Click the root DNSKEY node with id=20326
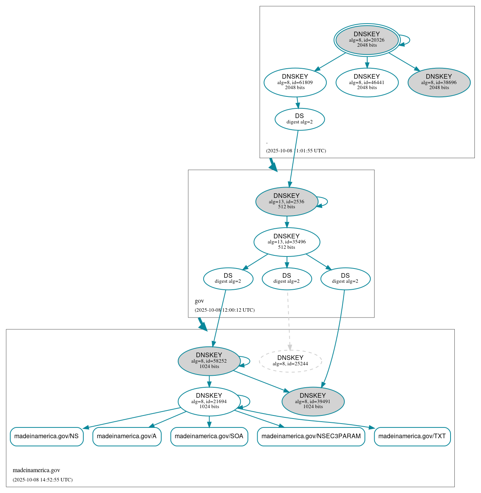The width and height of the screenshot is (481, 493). point(367,40)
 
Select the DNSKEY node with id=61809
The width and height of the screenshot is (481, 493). point(295,82)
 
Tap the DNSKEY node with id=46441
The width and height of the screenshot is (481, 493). point(367,82)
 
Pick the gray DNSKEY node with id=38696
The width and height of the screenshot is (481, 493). point(439,82)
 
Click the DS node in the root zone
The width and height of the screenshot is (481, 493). point(300,119)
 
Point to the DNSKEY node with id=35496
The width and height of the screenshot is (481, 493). point(287,242)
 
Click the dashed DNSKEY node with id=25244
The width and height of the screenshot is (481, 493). point(290,361)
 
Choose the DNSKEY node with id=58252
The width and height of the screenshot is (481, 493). point(209,361)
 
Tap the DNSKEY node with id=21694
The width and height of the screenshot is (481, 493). point(209,401)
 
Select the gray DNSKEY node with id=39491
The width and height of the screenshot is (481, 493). point(313,401)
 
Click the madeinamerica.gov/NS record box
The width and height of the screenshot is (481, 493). point(46,436)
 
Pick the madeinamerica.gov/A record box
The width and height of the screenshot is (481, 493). point(127,436)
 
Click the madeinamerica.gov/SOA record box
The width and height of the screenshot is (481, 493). point(209,436)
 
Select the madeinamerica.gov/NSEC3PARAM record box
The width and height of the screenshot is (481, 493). point(311,436)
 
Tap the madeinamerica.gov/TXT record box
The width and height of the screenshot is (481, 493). point(412,436)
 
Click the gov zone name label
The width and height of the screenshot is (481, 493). point(199,301)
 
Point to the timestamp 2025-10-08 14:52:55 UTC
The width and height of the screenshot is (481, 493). point(42,480)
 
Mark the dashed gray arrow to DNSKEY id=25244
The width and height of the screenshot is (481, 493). point(289,320)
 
